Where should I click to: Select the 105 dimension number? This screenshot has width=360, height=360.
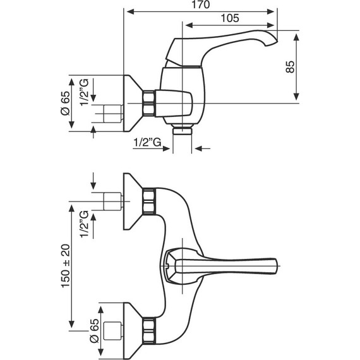coord(231,18)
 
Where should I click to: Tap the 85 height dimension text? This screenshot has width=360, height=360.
coord(291,67)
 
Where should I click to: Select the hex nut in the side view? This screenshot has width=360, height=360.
coord(149,103)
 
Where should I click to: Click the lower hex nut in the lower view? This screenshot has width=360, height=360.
coord(148,329)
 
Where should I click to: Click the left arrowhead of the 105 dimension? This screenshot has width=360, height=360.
coord(186,25)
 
